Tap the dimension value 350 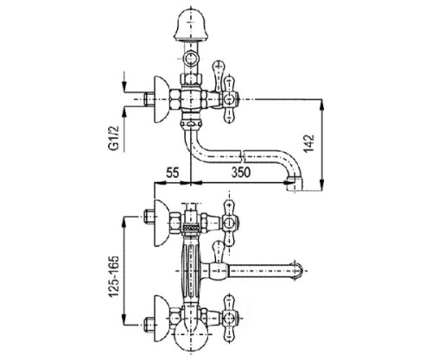click(x=241, y=173)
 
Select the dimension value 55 click(x=173, y=173)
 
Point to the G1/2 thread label click(x=114, y=136)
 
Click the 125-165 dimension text click(x=113, y=276)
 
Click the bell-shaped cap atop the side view click(x=190, y=24)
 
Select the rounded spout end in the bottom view click(x=298, y=270)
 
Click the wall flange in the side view click(x=161, y=99)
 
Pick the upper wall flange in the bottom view click(x=161, y=223)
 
